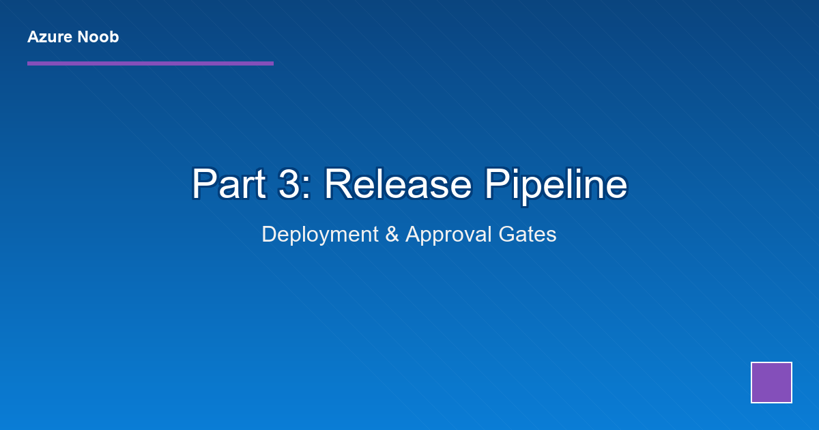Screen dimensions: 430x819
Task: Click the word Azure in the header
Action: tap(49, 37)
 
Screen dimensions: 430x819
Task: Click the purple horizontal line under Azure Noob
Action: tap(150, 63)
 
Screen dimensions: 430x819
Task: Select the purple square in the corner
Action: tap(771, 382)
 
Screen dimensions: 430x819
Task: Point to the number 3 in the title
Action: tap(289, 184)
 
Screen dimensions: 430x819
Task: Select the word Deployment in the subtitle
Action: tap(319, 234)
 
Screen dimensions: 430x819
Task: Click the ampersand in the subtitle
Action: tap(392, 234)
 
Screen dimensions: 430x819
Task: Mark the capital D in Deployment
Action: tap(268, 234)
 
